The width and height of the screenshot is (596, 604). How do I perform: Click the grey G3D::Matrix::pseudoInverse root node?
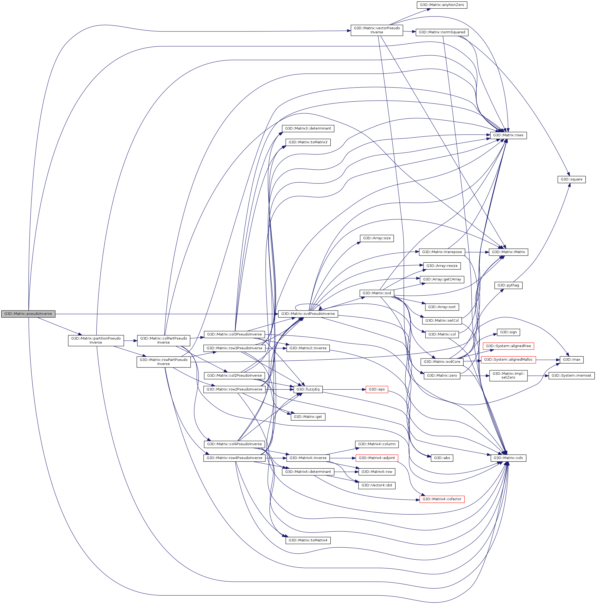pyautogui.click(x=28, y=314)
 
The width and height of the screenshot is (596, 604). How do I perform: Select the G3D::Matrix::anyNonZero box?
pyautogui.click(x=442, y=5)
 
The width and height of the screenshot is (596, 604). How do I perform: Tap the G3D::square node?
pyautogui.click(x=571, y=179)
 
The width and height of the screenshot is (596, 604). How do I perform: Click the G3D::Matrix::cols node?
pyautogui.click(x=508, y=458)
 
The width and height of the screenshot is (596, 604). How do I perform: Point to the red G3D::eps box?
pyautogui.click(x=376, y=390)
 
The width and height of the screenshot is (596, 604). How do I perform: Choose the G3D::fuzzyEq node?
pyautogui.click(x=308, y=390)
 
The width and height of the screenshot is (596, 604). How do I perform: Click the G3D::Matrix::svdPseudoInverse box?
pyautogui.click(x=308, y=314)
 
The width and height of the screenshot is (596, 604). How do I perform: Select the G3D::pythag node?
pyautogui.click(x=508, y=285)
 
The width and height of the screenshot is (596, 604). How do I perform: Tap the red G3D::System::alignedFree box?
pyautogui.click(x=508, y=346)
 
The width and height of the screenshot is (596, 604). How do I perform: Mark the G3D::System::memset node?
pyautogui.click(x=571, y=376)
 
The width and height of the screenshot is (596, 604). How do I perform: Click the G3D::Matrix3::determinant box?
pyautogui.click(x=308, y=128)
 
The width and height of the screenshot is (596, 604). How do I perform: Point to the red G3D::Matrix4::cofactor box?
pyautogui.click(x=442, y=499)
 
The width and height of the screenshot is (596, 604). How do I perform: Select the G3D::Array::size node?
pyautogui.click(x=376, y=238)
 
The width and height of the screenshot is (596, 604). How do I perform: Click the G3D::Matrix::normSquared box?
pyautogui.click(x=442, y=32)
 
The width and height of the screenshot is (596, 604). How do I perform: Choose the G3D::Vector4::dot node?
pyautogui.click(x=376, y=486)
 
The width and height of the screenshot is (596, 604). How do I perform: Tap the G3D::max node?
pyautogui.click(x=571, y=360)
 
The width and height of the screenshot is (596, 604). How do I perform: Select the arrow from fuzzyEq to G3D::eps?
pyautogui.click(x=344, y=390)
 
